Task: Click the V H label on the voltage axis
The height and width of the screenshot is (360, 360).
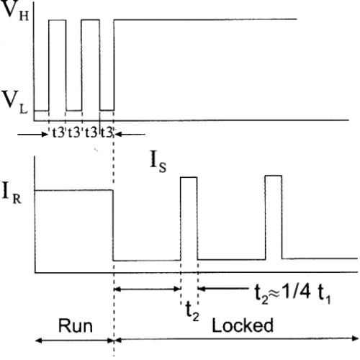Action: point(15,11)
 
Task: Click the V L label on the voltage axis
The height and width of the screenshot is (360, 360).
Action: point(15,103)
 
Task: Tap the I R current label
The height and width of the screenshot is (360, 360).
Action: point(12,193)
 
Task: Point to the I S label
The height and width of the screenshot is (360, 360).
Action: point(158,161)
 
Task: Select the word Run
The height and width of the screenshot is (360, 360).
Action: point(76,326)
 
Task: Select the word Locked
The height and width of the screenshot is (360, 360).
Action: point(243,325)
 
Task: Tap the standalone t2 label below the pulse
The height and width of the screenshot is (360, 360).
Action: point(192,311)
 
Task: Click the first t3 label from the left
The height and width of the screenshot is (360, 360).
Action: point(58,132)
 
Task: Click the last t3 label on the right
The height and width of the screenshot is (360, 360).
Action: point(107,132)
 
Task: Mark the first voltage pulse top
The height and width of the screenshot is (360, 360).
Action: point(58,20)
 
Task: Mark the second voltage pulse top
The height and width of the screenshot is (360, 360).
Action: point(90,20)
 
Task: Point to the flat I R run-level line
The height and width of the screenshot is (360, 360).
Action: point(74,190)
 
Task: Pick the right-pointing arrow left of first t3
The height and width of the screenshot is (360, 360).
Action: point(33,135)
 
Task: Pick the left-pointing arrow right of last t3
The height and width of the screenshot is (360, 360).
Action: point(130,135)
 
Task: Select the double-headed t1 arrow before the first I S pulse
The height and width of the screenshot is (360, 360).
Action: point(147,289)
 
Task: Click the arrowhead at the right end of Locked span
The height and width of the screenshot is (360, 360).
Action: point(355,338)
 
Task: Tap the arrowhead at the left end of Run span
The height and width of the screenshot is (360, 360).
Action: point(39,340)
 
